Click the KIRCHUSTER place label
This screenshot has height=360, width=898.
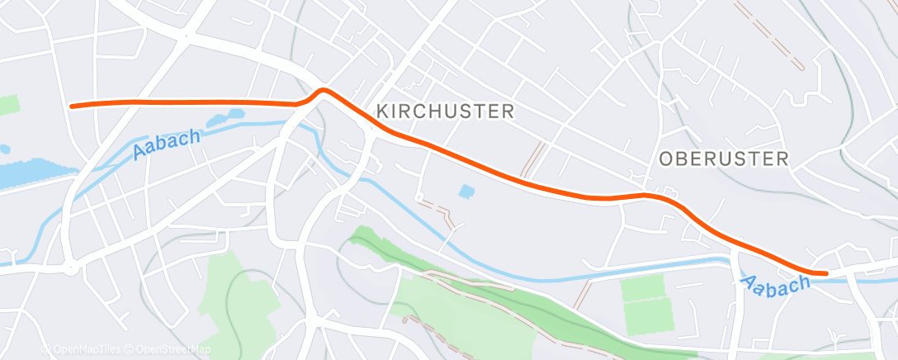(x=445, y=111)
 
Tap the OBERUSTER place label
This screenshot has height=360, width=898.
(x=725, y=159)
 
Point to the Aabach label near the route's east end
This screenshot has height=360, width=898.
(x=777, y=285)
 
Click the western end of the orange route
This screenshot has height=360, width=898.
(x=72, y=106)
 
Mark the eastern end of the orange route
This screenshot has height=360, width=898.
(x=825, y=272)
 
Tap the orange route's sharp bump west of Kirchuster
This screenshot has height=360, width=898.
(x=323, y=90)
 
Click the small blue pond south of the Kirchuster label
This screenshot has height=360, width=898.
(x=467, y=192)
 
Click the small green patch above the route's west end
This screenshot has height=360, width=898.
(x=8, y=105)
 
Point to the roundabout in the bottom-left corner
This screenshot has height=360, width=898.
(x=71, y=266)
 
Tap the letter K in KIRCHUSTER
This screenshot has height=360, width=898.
(x=381, y=111)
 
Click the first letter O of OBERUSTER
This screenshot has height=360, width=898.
(x=667, y=159)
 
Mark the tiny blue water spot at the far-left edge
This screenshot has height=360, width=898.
(x=4, y=150)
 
